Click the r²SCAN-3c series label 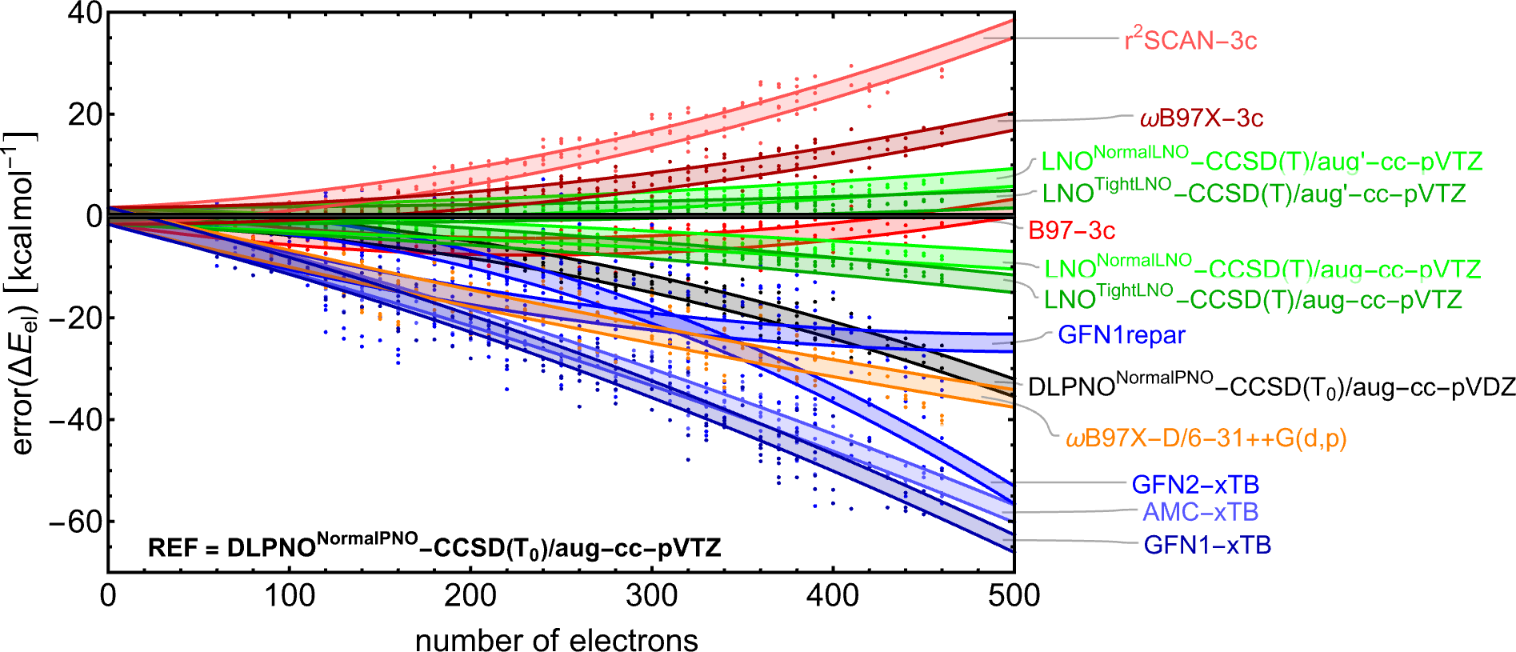tap(1190, 40)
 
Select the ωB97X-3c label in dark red tap(1201, 118)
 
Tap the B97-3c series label tap(1071, 231)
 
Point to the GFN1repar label tap(1121, 335)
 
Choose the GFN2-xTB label tap(1195, 485)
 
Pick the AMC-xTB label tap(1200, 512)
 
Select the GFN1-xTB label tap(1207, 546)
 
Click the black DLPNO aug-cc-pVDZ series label tap(1271, 386)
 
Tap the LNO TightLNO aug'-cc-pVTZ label tap(1254, 193)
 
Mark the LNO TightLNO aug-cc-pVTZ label tap(1253, 299)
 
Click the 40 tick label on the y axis tap(85, 14)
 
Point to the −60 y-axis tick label tap(75, 522)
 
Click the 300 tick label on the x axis tap(652, 596)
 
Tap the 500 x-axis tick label tap(1014, 596)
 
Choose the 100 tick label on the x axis tap(290, 596)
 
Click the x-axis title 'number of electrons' tap(556, 640)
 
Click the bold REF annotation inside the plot tap(434, 547)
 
